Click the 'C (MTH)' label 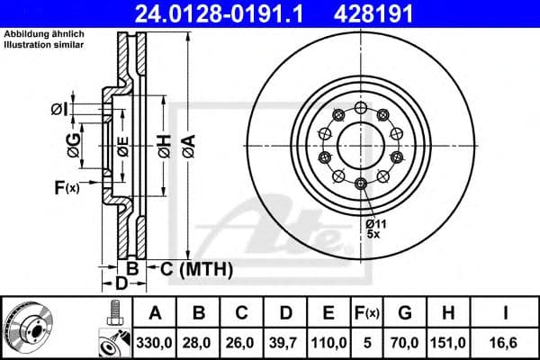196,269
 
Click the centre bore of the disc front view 359,144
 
